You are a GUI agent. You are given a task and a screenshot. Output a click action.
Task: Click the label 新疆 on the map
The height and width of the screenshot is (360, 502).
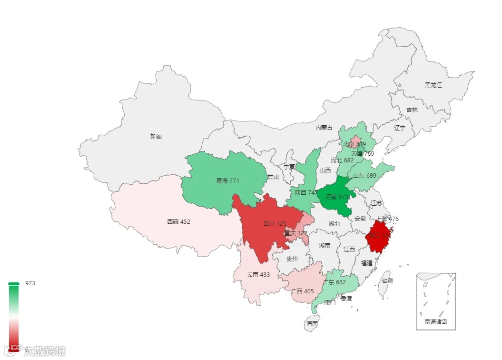156,137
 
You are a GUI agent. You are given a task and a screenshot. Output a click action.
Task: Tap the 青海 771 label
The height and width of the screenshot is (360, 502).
227,181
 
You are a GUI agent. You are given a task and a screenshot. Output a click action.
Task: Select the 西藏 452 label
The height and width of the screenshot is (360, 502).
178,221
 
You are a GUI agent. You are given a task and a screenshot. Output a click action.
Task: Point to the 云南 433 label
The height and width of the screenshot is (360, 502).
258,275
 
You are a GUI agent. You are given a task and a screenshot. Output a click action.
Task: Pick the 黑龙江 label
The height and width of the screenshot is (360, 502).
433,85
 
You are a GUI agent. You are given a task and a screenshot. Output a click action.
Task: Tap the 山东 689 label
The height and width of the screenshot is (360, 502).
364,176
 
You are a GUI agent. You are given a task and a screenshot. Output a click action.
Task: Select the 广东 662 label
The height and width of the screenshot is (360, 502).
334,282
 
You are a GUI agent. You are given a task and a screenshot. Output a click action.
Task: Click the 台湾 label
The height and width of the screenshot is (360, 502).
387,281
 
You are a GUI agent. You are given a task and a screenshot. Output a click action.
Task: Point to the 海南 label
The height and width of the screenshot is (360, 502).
312,324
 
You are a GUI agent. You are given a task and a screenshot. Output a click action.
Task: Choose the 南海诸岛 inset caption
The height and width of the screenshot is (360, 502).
436,322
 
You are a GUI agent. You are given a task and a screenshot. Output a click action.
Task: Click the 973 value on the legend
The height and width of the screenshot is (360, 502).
30,283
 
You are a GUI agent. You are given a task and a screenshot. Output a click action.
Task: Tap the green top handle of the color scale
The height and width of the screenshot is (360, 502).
14,284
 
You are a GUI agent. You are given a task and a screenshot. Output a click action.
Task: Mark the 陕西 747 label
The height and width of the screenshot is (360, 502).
306,193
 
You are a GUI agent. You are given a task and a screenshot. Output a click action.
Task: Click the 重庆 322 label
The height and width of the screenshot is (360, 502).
295,233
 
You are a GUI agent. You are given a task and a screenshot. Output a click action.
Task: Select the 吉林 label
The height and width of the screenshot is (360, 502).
412,110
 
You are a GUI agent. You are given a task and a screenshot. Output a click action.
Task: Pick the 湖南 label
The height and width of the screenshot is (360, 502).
325,246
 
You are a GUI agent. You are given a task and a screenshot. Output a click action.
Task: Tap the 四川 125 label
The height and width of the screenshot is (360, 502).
275,224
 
